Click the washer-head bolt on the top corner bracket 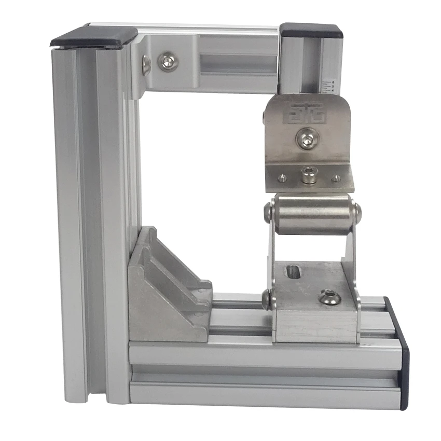point(168,62)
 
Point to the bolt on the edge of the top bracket point(146,65)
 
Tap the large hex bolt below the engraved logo point(307,139)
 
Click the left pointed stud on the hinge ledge point(282,178)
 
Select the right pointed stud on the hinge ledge point(336,178)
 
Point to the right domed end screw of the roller point(356,211)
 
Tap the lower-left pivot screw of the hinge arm point(267,299)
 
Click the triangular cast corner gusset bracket point(166,291)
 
